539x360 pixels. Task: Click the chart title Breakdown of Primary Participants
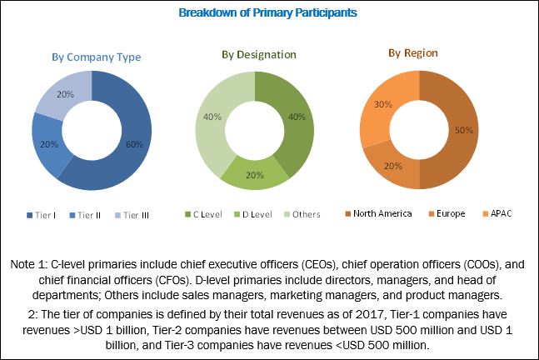tap(269, 12)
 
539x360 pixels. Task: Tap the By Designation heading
tap(258, 54)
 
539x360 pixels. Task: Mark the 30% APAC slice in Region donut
tap(381, 104)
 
